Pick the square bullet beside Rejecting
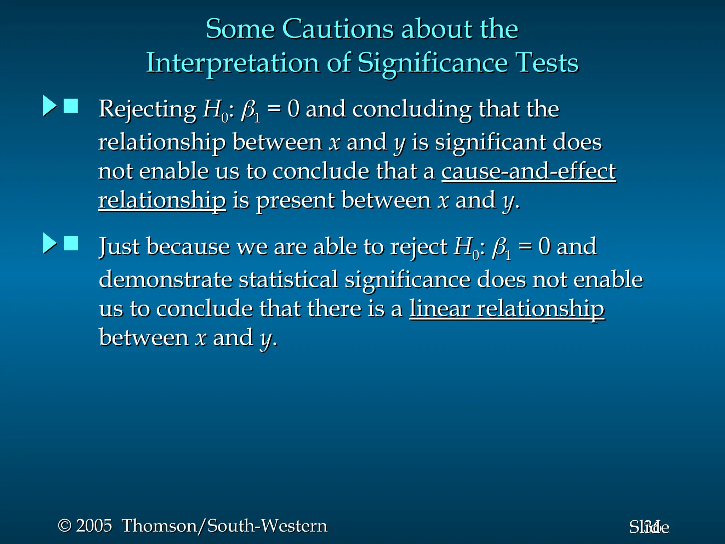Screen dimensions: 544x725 [x=71, y=106]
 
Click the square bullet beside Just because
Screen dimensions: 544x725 [x=71, y=243]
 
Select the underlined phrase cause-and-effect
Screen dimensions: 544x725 [x=529, y=171]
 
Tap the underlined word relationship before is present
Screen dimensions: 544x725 [x=162, y=200]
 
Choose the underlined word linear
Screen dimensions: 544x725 [x=439, y=309]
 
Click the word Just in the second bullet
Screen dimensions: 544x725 [x=119, y=246]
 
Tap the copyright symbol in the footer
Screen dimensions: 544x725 [x=65, y=526]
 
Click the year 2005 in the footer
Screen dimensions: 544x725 [x=94, y=526]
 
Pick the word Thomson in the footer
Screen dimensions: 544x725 [x=159, y=526]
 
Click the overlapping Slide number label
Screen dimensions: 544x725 [x=649, y=527]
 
